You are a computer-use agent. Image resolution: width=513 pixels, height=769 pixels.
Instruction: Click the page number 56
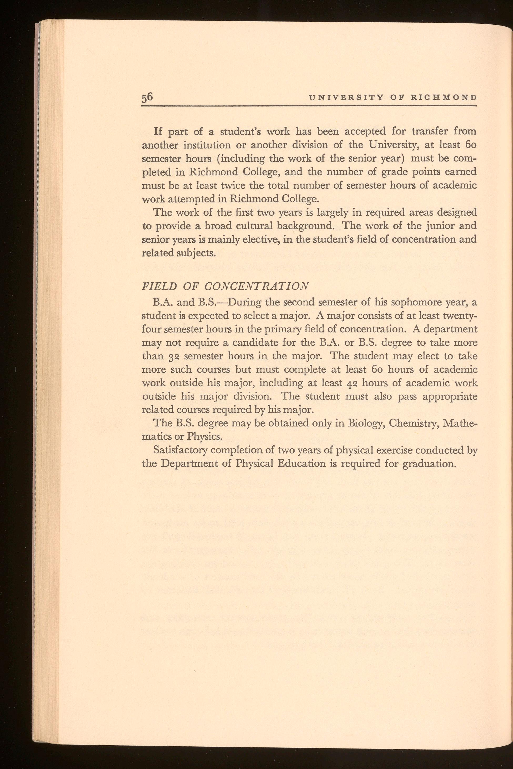[x=148, y=98]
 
